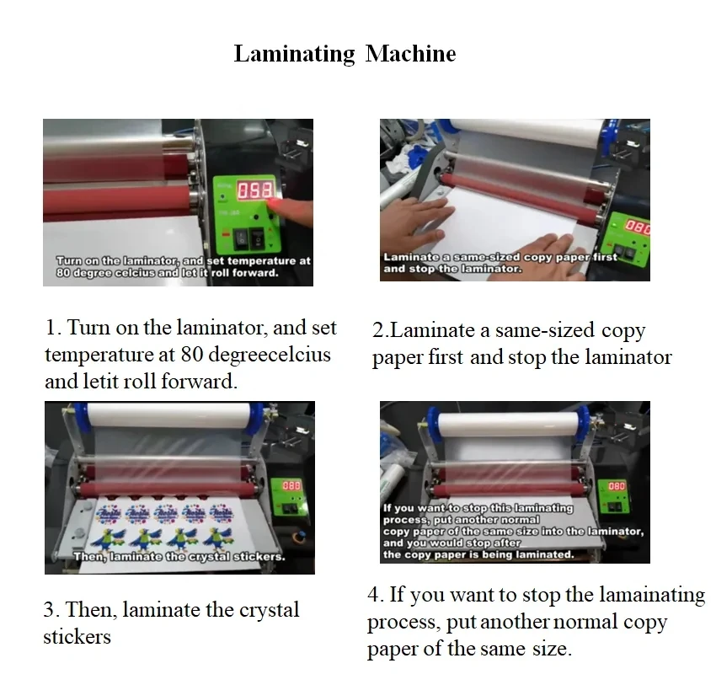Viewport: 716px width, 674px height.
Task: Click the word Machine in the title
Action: tap(410, 54)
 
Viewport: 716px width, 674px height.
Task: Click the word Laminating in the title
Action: tap(294, 55)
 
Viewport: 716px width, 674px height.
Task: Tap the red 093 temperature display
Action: tap(254, 191)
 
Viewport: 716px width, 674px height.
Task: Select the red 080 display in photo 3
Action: tap(291, 486)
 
